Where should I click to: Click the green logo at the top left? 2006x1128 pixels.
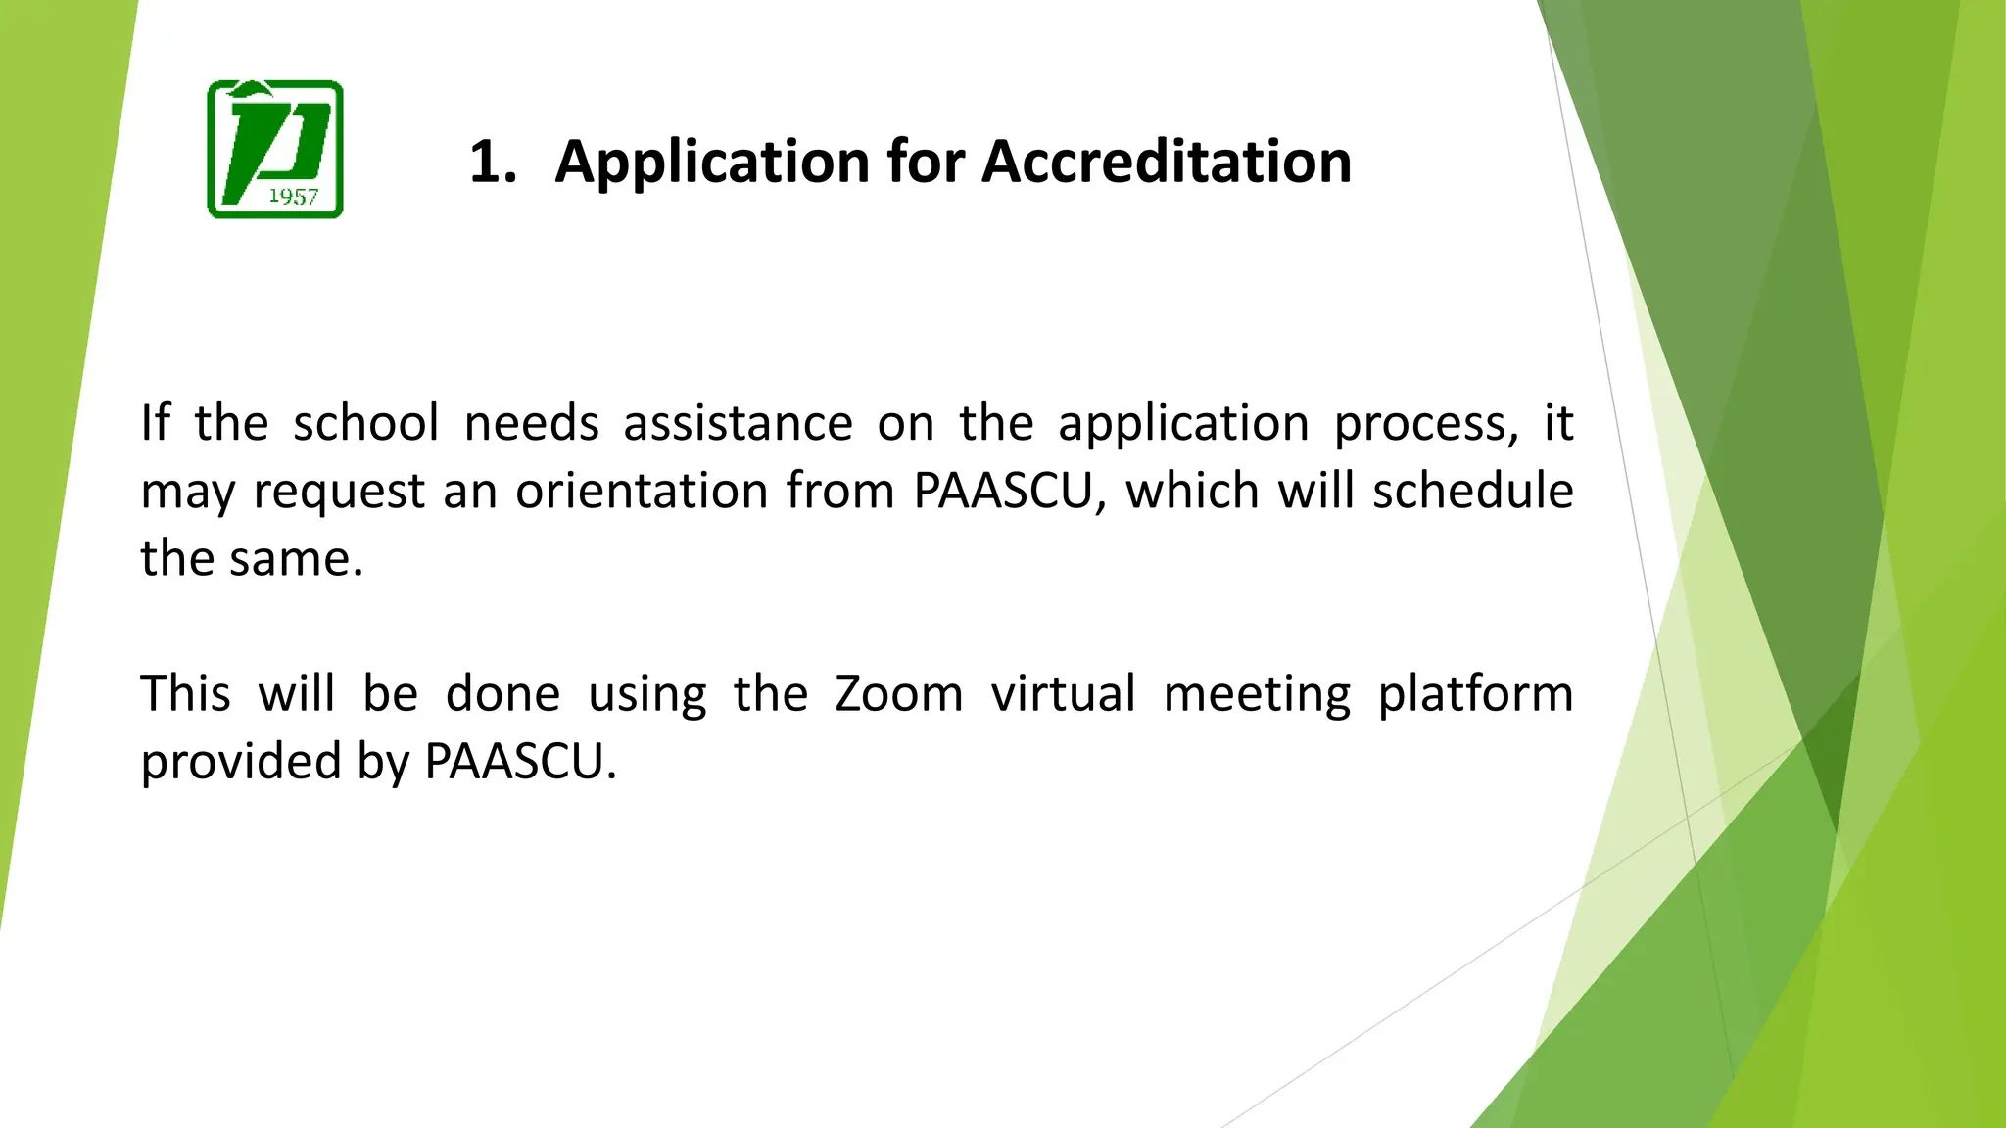275,149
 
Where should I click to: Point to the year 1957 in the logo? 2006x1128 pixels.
293,197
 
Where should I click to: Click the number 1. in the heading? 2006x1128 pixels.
493,162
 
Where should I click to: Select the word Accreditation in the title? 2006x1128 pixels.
1167,162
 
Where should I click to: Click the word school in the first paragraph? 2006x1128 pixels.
365,424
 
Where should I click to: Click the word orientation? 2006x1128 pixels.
642,491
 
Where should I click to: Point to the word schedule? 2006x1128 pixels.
1472,491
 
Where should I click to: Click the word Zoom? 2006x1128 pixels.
898,694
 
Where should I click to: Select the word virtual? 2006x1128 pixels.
1063,694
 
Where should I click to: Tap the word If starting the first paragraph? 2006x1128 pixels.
155,424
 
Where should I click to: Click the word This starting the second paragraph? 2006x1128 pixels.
185,694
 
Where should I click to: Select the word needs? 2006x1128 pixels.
531,424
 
